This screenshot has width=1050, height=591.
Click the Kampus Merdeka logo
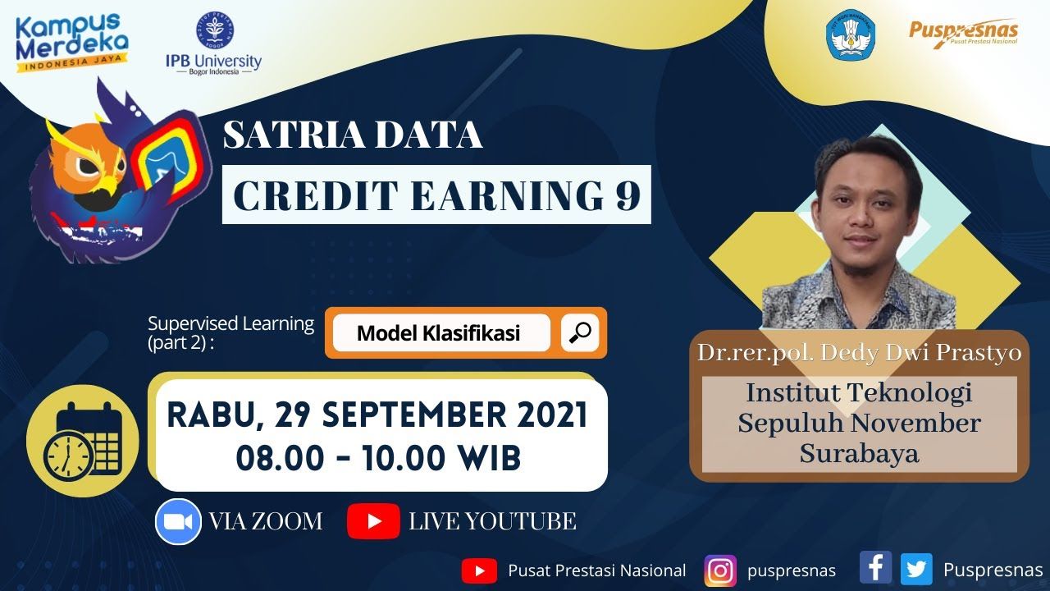point(72,43)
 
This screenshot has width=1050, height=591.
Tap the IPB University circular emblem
point(215,30)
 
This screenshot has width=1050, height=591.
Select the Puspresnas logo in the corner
point(963,33)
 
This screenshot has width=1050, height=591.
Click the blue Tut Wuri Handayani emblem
point(851,34)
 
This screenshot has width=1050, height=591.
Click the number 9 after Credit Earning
point(628,195)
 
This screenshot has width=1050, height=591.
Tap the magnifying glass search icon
point(580,332)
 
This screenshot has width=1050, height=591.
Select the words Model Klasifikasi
point(438,333)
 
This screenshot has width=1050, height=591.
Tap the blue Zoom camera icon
point(178,521)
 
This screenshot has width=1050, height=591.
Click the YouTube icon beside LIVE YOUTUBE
point(373,521)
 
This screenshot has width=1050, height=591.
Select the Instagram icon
point(720,570)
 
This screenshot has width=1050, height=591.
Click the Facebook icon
point(875,567)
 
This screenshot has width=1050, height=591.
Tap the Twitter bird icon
point(916,570)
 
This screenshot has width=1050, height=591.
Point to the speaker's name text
point(859,353)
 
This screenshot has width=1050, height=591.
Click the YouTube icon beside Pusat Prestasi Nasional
point(479,570)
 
